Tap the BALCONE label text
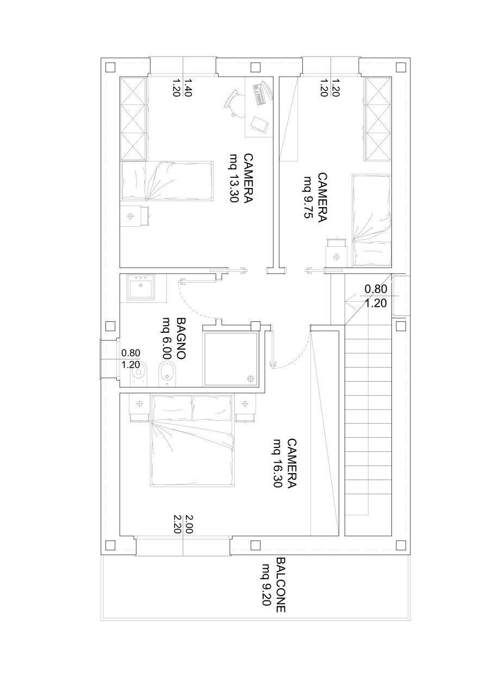pos(281,585)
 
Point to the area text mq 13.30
pos(234,178)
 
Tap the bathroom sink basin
pos(141,287)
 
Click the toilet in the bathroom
pos(141,374)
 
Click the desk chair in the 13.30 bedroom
pos(235,102)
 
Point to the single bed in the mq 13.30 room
pos(166,181)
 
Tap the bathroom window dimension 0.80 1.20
pos(131,359)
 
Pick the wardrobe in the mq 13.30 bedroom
pos(134,118)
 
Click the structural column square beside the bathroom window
pos(110,326)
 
